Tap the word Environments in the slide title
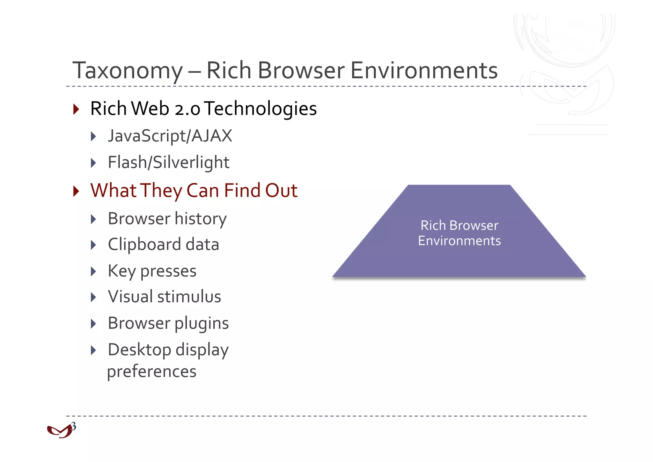click(x=424, y=71)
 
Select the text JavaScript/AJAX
click(x=170, y=136)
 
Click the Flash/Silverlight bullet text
click(x=168, y=162)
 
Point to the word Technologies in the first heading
click(x=260, y=109)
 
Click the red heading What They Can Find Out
click(x=194, y=191)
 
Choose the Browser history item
click(x=167, y=219)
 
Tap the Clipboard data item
click(x=163, y=245)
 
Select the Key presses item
click(x=152, y=271)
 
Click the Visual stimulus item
click(x=164, y=297)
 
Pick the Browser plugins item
click(x=168, y=323)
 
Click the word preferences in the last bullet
click(x=152, y=371)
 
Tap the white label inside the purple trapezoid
click(x=459, y=233)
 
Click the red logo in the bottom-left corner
click(x=59, y=432)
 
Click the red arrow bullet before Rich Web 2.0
click(x=76, y=109)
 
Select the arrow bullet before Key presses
click(x=93, y=272)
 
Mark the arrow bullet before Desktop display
click(x=93, y=350)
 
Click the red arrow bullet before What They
click(x=76, y=191)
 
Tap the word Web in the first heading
click(x=150, y=109)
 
